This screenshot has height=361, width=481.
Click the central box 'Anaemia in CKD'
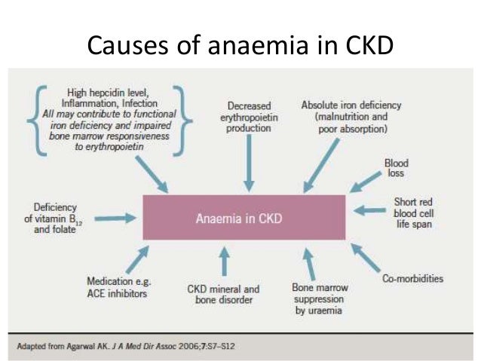click(x=244, y=219)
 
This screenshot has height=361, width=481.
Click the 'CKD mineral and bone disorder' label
click(x=222, y=294)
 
